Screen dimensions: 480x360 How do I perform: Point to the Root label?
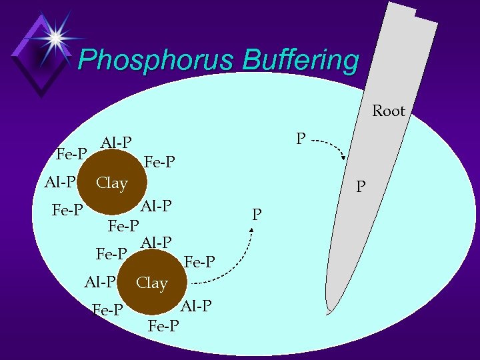pos(388,111)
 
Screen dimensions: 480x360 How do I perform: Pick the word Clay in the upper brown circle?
pos(111,183)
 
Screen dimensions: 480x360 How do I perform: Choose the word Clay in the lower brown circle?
pos(151,283)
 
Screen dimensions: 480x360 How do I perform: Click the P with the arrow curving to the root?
pos(301,139)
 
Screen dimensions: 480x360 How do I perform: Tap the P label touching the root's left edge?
pos(361,187)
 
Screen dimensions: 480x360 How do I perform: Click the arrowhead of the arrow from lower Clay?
pos(253,230)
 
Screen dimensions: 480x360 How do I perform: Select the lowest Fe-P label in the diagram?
pos(163,326)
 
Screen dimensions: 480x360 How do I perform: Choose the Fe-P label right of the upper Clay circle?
pos(159,162)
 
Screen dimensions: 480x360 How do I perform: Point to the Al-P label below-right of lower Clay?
pos(196,306)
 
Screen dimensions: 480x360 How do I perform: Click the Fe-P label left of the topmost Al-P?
pos(71,154)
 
